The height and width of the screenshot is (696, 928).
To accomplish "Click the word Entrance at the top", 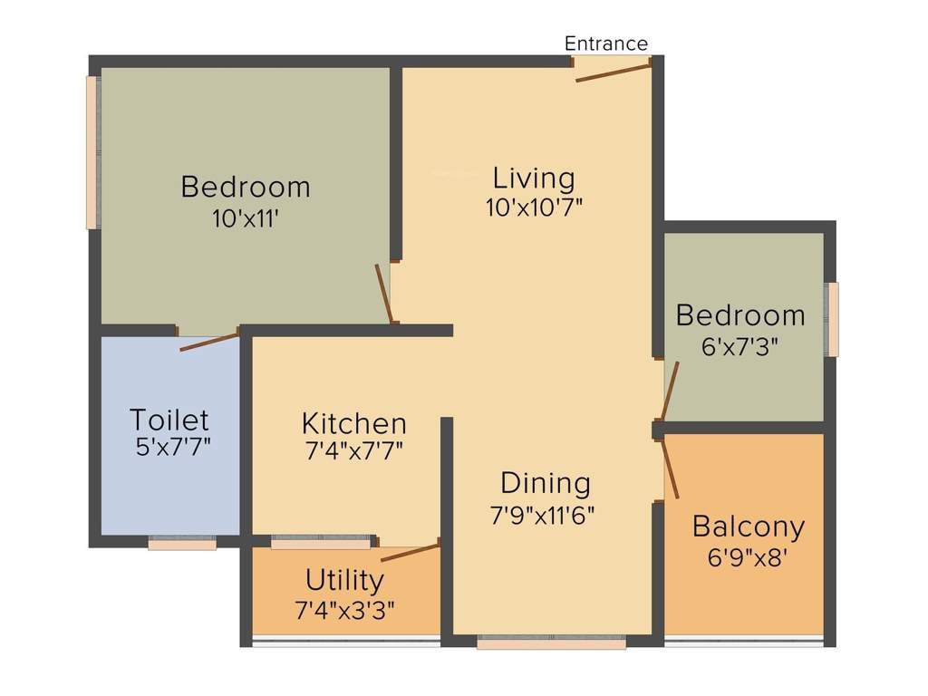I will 606,43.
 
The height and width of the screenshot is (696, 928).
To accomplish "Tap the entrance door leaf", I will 614,72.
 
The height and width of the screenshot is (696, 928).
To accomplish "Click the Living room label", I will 534,177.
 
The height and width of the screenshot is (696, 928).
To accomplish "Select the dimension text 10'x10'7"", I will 534,207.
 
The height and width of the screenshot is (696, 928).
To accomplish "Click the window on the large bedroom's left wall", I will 92,152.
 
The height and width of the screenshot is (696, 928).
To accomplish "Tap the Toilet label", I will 169,420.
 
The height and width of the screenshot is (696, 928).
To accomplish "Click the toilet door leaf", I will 209,342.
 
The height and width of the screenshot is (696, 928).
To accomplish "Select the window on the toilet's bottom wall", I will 182,544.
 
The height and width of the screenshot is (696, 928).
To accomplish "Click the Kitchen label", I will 353,423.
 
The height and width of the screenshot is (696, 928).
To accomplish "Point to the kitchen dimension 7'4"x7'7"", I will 353,449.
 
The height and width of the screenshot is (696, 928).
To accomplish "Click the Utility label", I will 344,579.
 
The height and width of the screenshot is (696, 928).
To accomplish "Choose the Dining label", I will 546,482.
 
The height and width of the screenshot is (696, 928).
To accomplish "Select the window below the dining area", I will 551,643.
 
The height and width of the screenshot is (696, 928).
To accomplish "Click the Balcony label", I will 749,526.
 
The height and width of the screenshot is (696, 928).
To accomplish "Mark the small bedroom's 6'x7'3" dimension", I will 740,345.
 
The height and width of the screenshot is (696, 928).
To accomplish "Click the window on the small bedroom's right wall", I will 832,319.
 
